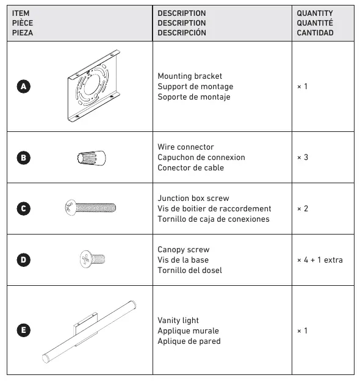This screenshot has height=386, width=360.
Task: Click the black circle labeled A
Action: [x=24, y=86]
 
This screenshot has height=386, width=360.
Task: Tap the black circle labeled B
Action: [x=24, y=158]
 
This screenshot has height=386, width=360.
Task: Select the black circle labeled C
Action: [x=24, y=209]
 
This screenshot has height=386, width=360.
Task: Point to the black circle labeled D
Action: [x=24, y=260]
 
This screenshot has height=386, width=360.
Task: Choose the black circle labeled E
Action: [x=24, y=330]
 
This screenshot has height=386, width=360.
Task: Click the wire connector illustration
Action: [x=92, y=158]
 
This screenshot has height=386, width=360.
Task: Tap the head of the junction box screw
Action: [x=71, y=208]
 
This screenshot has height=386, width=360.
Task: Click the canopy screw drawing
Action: [x=93, y=259]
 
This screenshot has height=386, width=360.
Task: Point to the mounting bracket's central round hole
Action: [x=92, y=84]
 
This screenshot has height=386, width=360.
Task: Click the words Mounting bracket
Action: [x=190, y=76]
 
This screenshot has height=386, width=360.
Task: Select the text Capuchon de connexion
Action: [x=201, y=158]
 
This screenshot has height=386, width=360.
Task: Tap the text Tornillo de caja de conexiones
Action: [x=214, y=219]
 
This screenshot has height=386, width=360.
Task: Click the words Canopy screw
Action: [x=184, y=250]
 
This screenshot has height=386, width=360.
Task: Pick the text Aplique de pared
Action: [x=189, y=341]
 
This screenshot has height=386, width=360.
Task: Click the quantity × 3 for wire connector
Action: [x=303, y=158]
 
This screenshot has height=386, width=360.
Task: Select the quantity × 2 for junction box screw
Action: [x=303, y=209]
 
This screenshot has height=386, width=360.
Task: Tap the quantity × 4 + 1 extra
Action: [x=320, y=260]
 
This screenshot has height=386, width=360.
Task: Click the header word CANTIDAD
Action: [x=315, y=33]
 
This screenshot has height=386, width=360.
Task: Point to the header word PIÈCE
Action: [x=23, y=23]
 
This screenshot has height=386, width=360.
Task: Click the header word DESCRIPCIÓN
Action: [x=182, y=32]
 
